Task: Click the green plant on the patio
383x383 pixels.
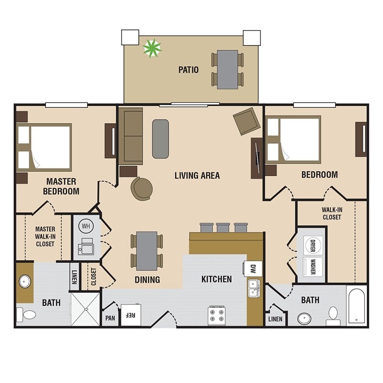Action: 152,48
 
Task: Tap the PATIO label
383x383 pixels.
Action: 188,70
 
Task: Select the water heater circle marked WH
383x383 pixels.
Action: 86,226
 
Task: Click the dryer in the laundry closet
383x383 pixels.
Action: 313,245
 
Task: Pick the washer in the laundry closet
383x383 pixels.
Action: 313,267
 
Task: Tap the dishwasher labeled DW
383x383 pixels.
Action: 253,269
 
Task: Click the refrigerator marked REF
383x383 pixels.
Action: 131,315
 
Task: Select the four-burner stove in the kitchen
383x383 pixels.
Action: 217,315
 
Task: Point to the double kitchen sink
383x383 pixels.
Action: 254,289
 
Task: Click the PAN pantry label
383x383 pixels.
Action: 110,318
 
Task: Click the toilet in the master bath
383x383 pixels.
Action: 26,315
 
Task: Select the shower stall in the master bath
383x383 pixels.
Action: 86,309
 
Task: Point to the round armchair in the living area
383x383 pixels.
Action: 141,188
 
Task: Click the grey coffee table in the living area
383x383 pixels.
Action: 160,139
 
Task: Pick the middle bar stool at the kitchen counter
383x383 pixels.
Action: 223,227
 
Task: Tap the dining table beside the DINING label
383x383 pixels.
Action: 147,251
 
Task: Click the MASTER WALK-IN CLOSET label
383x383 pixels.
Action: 45,237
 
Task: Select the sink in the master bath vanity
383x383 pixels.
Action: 25,282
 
